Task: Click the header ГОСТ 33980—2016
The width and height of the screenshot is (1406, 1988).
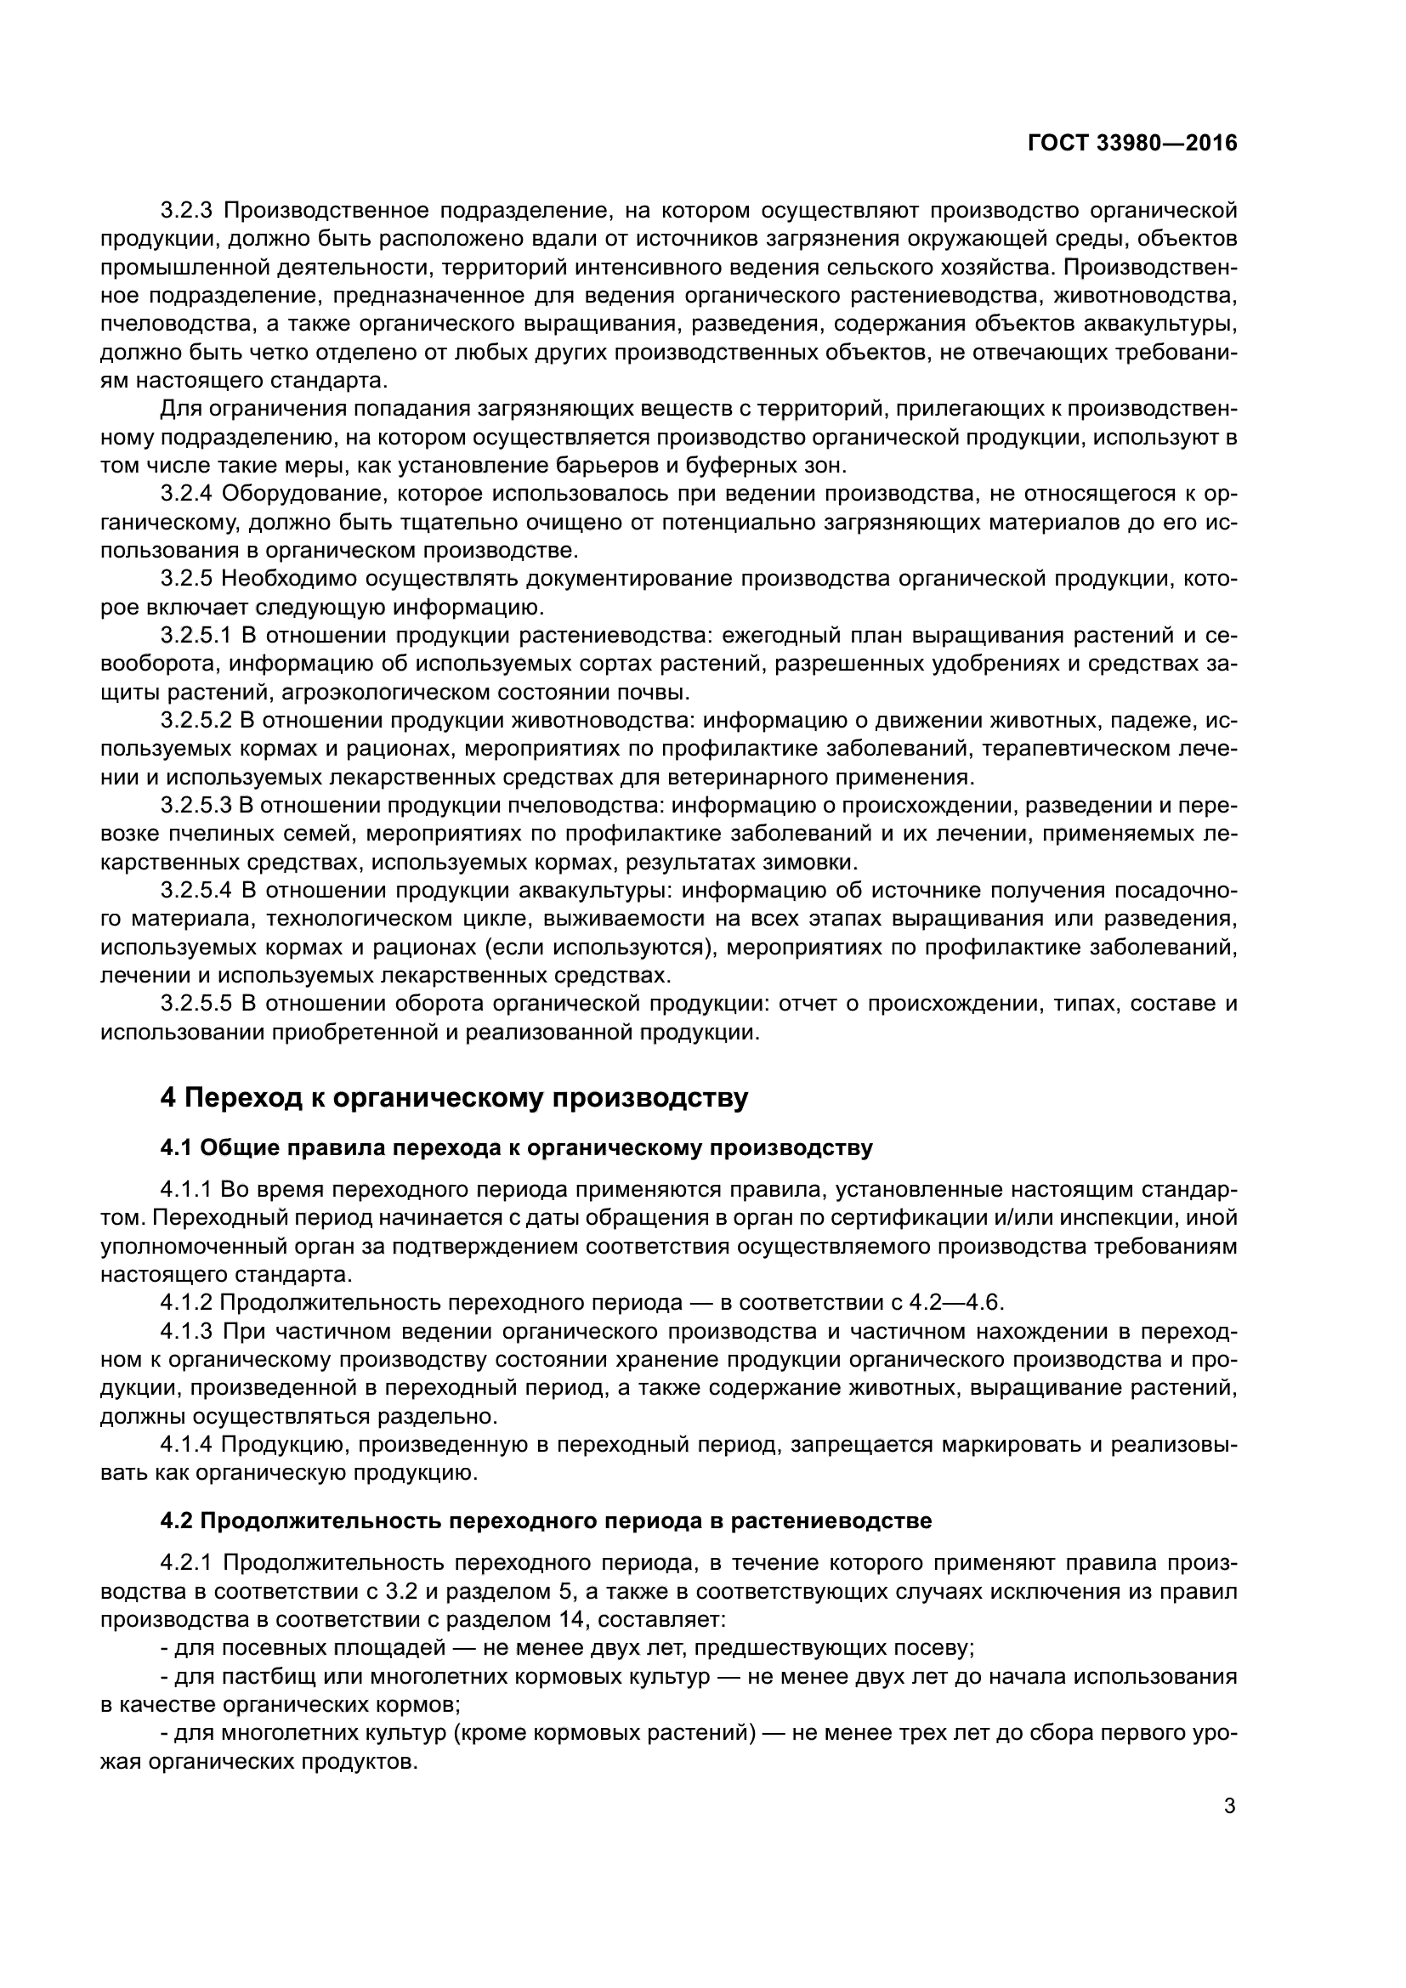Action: [1132, 144]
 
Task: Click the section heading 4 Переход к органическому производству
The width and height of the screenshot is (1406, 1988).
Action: [454, 1098]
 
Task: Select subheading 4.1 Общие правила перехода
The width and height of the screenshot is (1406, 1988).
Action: [516, 1148]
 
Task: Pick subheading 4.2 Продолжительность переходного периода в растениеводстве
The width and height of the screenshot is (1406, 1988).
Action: [546, 1521]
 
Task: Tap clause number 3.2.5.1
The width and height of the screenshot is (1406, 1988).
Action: [196, 636]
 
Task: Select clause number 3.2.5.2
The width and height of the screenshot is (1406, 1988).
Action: [196, 721]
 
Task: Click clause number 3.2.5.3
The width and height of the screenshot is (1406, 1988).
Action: [196, 806]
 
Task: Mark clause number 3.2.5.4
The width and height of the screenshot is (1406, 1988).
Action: [196, 891]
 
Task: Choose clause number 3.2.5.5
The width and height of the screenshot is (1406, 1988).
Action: [196, 1005]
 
